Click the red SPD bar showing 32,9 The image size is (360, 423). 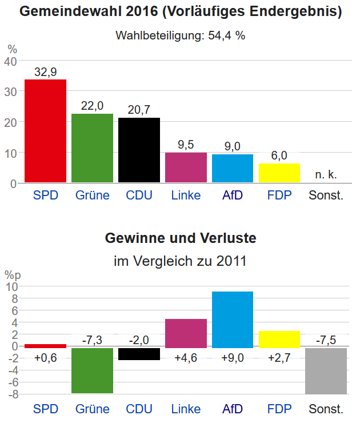45,131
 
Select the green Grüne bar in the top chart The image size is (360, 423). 92,148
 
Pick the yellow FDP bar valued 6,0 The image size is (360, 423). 279,173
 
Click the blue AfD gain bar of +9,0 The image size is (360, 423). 233,320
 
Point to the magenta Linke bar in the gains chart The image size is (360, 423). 186,333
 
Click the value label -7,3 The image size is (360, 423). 92,340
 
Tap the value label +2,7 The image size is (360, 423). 279,358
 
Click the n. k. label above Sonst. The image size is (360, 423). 326,174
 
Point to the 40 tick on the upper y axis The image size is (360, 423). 10,61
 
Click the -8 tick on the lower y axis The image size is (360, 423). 12,394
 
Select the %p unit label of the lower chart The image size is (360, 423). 13,275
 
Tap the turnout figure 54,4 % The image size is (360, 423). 228,35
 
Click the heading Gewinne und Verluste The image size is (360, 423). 181,238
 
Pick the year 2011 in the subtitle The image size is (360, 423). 231,262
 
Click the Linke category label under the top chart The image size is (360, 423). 186,195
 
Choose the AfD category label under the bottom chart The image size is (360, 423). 233,409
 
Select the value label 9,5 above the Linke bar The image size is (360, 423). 186,145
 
